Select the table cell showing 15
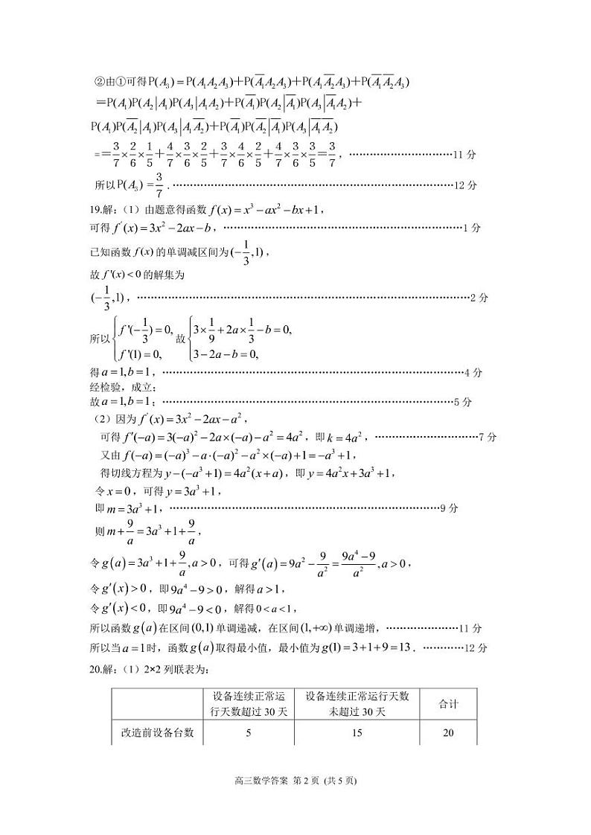[357, 733]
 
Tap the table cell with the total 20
[448, 733]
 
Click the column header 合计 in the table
[448, 703]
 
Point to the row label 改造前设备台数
[157, 733]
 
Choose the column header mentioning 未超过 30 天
[357, 703]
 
